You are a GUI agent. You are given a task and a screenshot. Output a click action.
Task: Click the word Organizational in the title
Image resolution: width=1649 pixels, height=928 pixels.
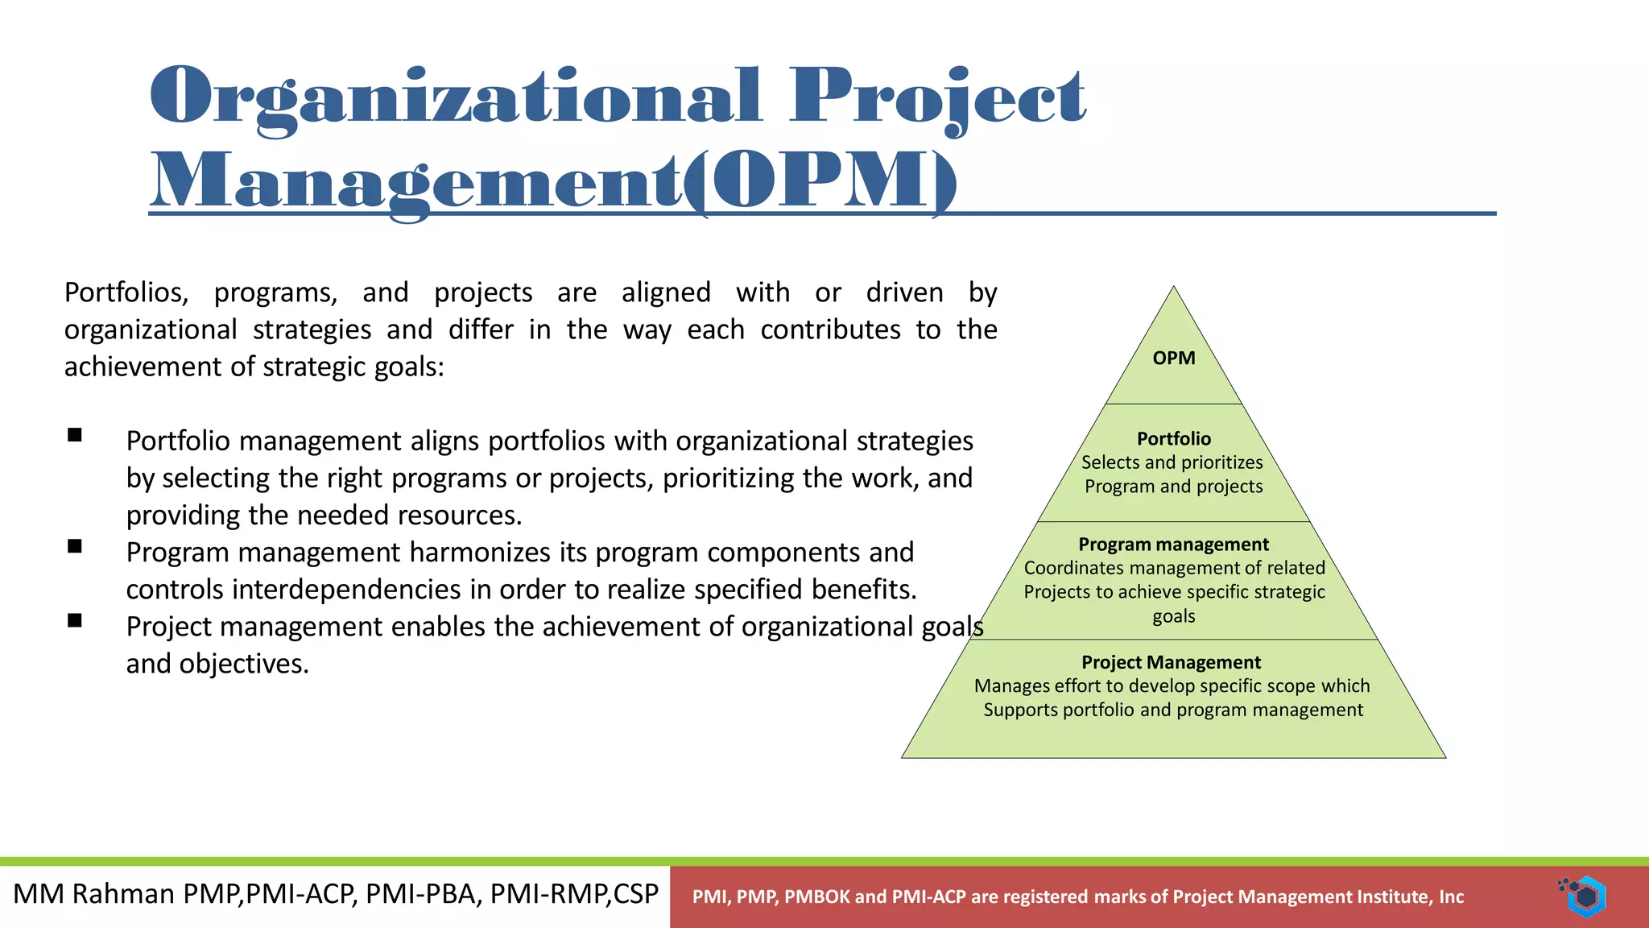tap(455, 97)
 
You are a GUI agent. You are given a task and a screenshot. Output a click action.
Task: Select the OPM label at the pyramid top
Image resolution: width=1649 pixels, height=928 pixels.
tap(1173, 358)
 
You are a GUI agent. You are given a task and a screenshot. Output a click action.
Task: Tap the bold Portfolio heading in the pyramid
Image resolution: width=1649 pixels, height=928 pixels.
tap(1173, 439)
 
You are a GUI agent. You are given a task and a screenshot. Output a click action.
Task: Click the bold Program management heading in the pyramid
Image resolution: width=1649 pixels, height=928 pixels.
tap(1173, 545)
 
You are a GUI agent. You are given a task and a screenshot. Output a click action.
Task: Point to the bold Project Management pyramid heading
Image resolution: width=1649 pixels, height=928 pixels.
tap(1171, 662)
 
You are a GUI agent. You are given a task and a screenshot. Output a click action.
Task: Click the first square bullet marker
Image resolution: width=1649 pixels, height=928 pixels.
tap(75, 436)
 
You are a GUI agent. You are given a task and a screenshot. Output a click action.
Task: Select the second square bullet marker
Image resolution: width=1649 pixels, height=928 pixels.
tap(75, 547)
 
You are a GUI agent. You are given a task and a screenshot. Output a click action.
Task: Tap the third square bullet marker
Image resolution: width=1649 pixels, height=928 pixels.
tap(75, 620)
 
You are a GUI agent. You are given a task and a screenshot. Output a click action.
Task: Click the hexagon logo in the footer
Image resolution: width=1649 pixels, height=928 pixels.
tap(1585, 896)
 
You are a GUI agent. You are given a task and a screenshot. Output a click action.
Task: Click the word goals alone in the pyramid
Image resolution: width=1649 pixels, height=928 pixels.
tap(1173, 616)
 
